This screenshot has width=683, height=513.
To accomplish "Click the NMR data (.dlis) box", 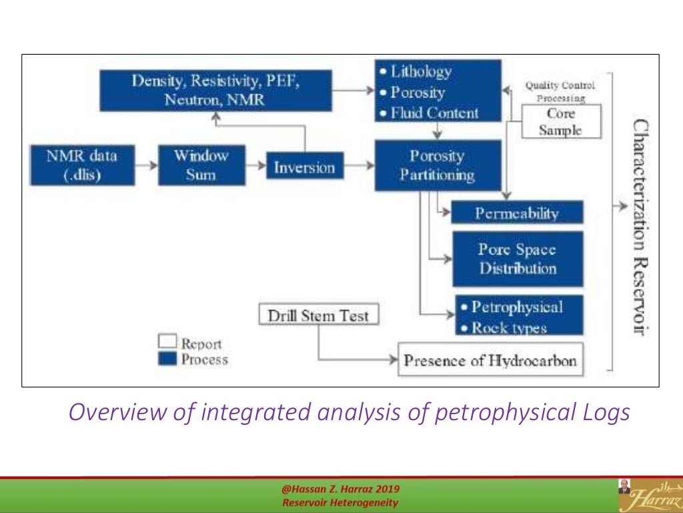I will point(82,165).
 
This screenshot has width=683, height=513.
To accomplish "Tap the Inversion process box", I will point(304,167).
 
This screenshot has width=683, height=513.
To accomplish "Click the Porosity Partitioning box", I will point(437,166).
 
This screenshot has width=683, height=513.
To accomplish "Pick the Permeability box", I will point(517,213).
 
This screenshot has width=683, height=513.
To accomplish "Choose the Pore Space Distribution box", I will point(518,259).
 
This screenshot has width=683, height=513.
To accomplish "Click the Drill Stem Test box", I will point(317,315).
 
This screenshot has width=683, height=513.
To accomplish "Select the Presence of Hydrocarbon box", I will point(490,361).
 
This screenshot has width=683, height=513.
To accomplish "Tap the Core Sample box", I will point(560,122).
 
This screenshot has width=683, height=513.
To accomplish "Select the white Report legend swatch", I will point(167,342).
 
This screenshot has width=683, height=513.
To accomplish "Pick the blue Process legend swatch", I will point(167,359).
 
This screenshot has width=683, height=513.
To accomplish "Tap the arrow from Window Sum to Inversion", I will point(255,166).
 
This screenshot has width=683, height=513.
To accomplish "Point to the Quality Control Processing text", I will point(560,92).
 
